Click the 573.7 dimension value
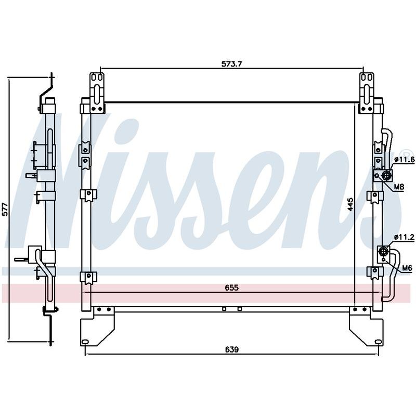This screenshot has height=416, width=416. coord(232,64)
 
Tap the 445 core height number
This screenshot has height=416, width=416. coord(350,204)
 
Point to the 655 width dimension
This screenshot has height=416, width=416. coord(232,288)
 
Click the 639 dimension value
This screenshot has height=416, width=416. coord(232,349)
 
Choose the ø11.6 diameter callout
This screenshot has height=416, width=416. coord(404,160)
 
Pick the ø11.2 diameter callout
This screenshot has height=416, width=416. coord(404,237)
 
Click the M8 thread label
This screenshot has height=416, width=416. coord(399,187)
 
